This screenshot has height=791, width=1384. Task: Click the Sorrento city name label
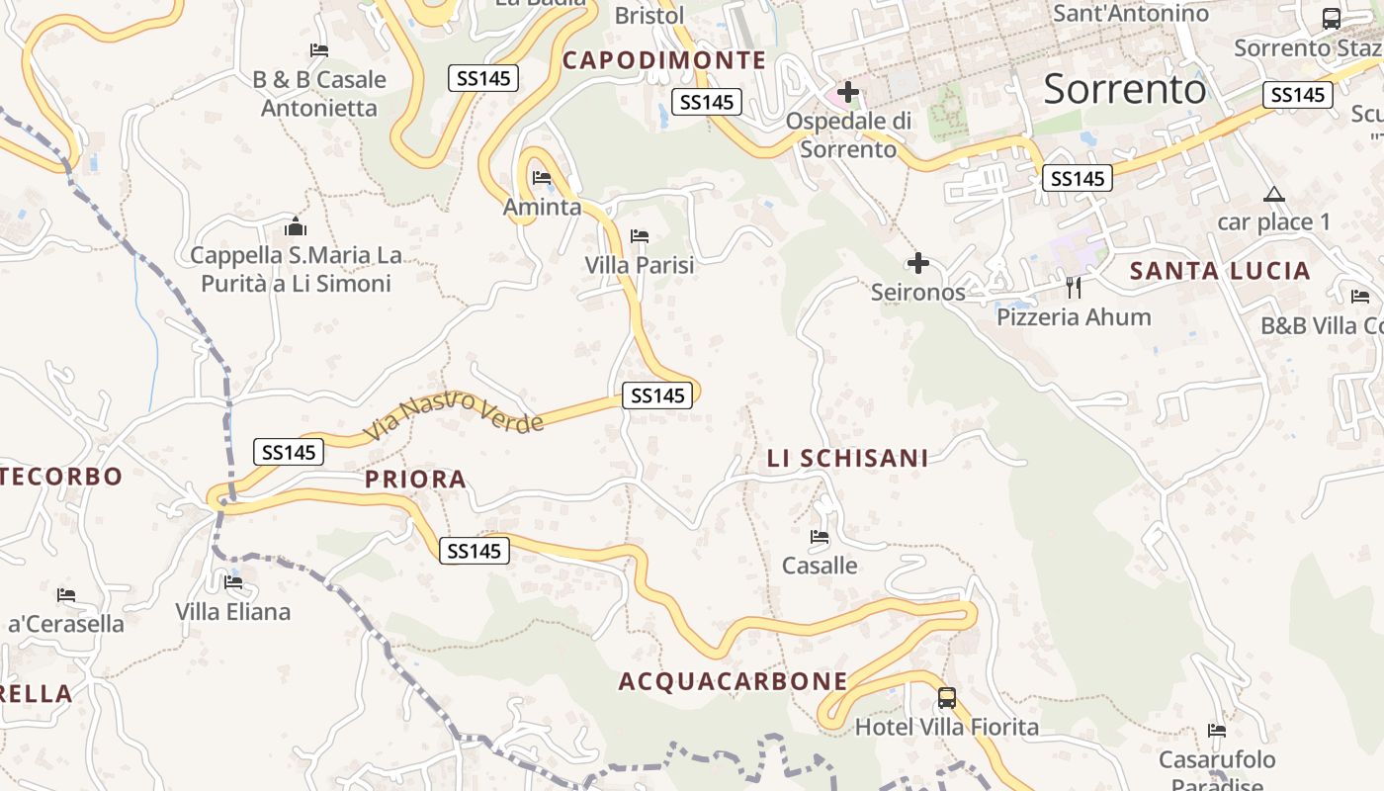[x=1125, y=89]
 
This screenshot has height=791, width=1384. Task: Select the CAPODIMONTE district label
[x=664, y=60]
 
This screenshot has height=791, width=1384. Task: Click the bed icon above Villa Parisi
[x=640, y=236]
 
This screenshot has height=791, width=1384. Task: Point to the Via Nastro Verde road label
[x=454, y=414]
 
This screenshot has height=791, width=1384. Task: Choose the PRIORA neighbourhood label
[x=415, y=480]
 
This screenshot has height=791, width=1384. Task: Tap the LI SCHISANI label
[x=848, y=458]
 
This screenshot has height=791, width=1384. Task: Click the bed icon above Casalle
[x=820, y=537]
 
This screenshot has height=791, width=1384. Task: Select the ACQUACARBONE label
[x=733, y=681]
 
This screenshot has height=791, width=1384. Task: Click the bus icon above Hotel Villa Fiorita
[x=947, y=698]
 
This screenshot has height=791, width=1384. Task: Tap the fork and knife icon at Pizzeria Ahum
[x=1074, y=288]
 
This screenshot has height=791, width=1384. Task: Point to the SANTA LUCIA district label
[x=1220, y=271]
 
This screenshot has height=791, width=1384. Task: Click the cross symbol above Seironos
[x=918, y=263]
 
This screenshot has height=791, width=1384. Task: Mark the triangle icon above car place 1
[x=1274, y=194]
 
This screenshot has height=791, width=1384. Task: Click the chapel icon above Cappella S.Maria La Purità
[x=296, y=226]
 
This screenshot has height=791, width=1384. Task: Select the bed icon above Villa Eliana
[x=233, y=582]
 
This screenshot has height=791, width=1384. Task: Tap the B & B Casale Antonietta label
[x=319, y=93]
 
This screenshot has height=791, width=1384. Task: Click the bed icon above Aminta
[x=542, y=178]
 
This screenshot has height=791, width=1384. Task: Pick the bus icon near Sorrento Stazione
[x=1332, y=18]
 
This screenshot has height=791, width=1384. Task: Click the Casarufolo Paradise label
[x=1217, y=770]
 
